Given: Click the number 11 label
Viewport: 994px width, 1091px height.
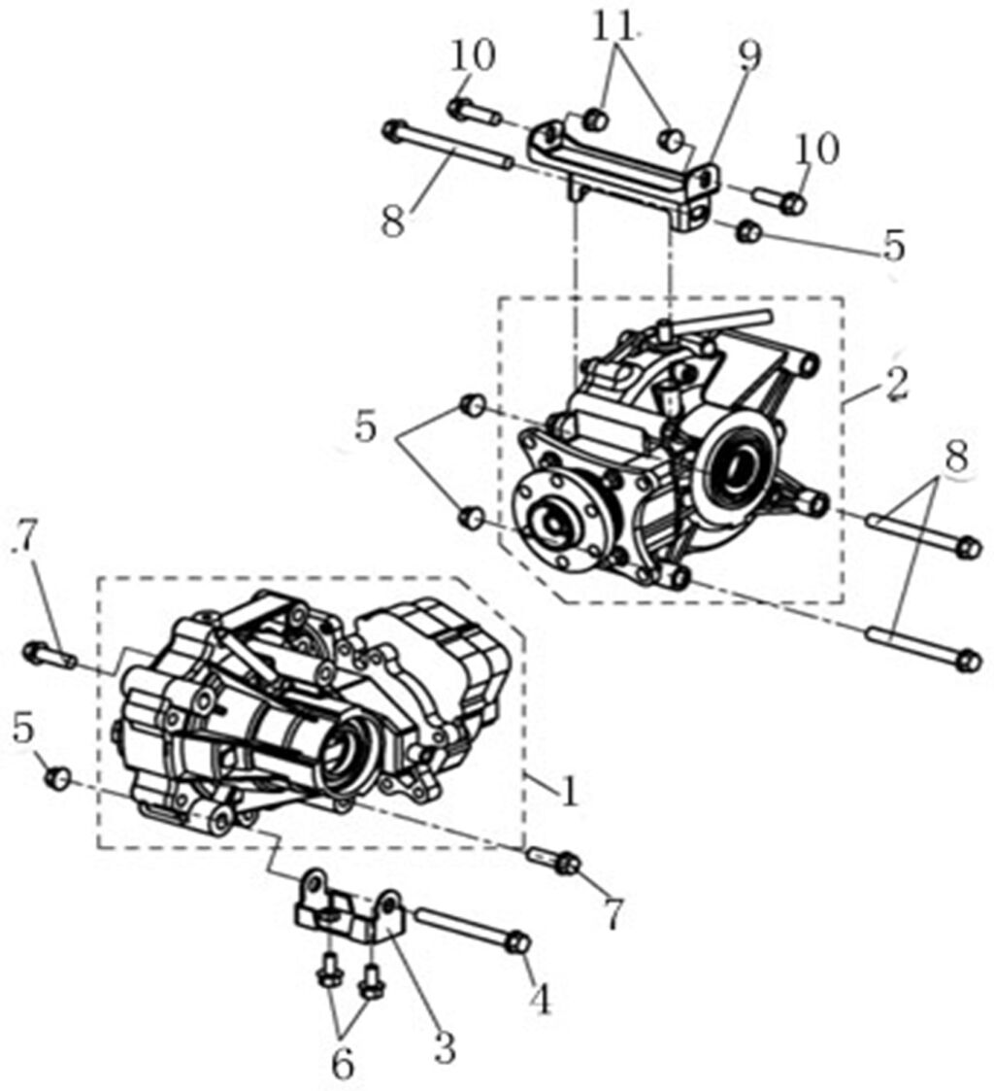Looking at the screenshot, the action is [615, 29].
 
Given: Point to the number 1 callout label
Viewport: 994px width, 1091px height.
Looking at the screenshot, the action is [569, 791].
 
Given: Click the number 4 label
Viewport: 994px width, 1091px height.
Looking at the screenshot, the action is [541, 1001].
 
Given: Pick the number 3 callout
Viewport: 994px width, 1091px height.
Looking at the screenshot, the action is [444, 1047].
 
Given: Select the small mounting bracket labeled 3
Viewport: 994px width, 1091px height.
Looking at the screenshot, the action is [348, 909].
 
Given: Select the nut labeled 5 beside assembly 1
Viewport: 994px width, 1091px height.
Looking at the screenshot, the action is [57, 776].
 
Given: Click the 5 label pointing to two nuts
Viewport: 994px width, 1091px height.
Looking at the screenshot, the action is [366, 426].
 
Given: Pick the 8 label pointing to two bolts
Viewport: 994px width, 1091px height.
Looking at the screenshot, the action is [956, 459].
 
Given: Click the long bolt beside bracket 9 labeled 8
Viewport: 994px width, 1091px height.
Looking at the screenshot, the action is [447, 146].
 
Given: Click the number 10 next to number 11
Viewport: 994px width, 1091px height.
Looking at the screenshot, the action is [473, 55].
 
